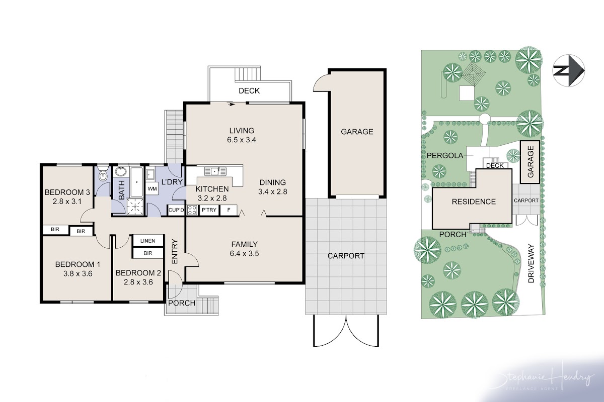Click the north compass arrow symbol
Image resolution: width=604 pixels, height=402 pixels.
pyautogui.click(x=569, y=70)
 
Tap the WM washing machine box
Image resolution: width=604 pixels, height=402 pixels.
pyautogui.click(x=152, y=188)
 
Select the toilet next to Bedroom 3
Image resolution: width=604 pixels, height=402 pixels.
pyautogui.click(x=103, y=174)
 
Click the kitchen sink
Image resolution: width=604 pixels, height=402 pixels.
pyautogui.click(x=215, y=171)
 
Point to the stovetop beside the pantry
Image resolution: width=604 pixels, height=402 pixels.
pyautogui.click(x=192, y=210)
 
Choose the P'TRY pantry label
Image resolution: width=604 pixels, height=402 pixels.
pyautogui.click(x=209, y=210)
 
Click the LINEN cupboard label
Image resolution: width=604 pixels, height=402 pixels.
pyautogui.click(x=148, y=241)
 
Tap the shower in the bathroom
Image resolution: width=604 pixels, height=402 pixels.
pyautogui.click(x=135, y=207)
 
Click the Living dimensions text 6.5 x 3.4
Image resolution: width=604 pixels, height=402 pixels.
pyautogui.click(x=242, y=140)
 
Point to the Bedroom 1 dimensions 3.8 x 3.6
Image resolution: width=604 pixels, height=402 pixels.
pyautogui.click(x=78, y=273)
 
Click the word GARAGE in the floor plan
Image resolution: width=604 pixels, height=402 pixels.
pyautogui.click(x=357, y=131)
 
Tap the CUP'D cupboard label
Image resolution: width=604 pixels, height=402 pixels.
pyautogui.click(x=176, y=210)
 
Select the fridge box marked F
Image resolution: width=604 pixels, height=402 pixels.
pyautogui.click(x=229, y=210)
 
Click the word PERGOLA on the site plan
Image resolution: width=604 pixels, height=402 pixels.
pyautogui.click(x=445, y=155)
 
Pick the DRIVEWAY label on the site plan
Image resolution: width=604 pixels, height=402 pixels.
pyautogui.click(x=531, y=263)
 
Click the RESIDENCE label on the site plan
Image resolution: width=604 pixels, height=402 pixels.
pyautogui.click(x=474, y=202)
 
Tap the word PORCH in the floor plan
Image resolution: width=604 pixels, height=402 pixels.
pyautogui.click(x=182, y=303)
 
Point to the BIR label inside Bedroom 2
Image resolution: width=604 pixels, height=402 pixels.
pyautogui.click(x=148, y=253)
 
